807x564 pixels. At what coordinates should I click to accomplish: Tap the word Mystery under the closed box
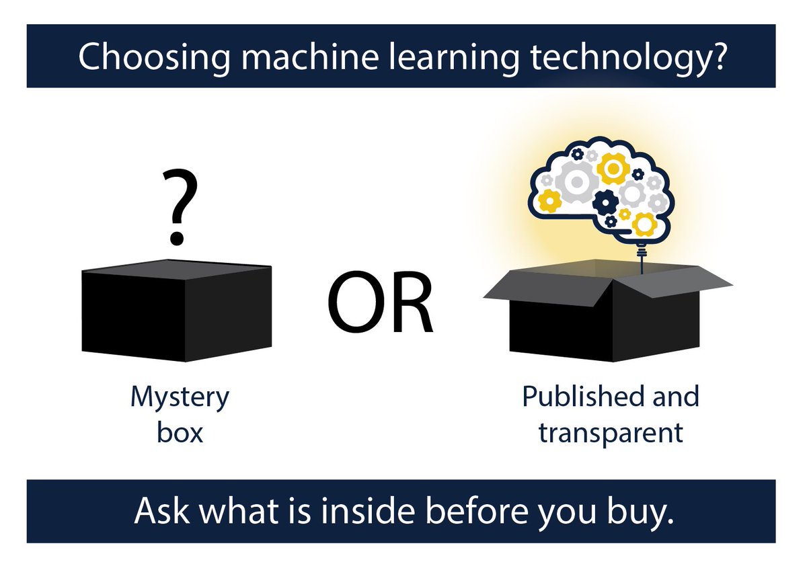pyautogui.click(x=180, y=398)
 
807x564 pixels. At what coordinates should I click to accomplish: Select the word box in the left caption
pyautogui.click(x=180, y=432)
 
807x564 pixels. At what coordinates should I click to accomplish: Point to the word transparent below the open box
pyautogui.click(x=610, y=432)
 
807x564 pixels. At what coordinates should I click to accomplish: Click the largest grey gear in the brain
pyautogui.click(x=578, y=181)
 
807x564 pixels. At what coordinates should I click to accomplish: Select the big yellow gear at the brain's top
pyautogui.click(x=613, y=168)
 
